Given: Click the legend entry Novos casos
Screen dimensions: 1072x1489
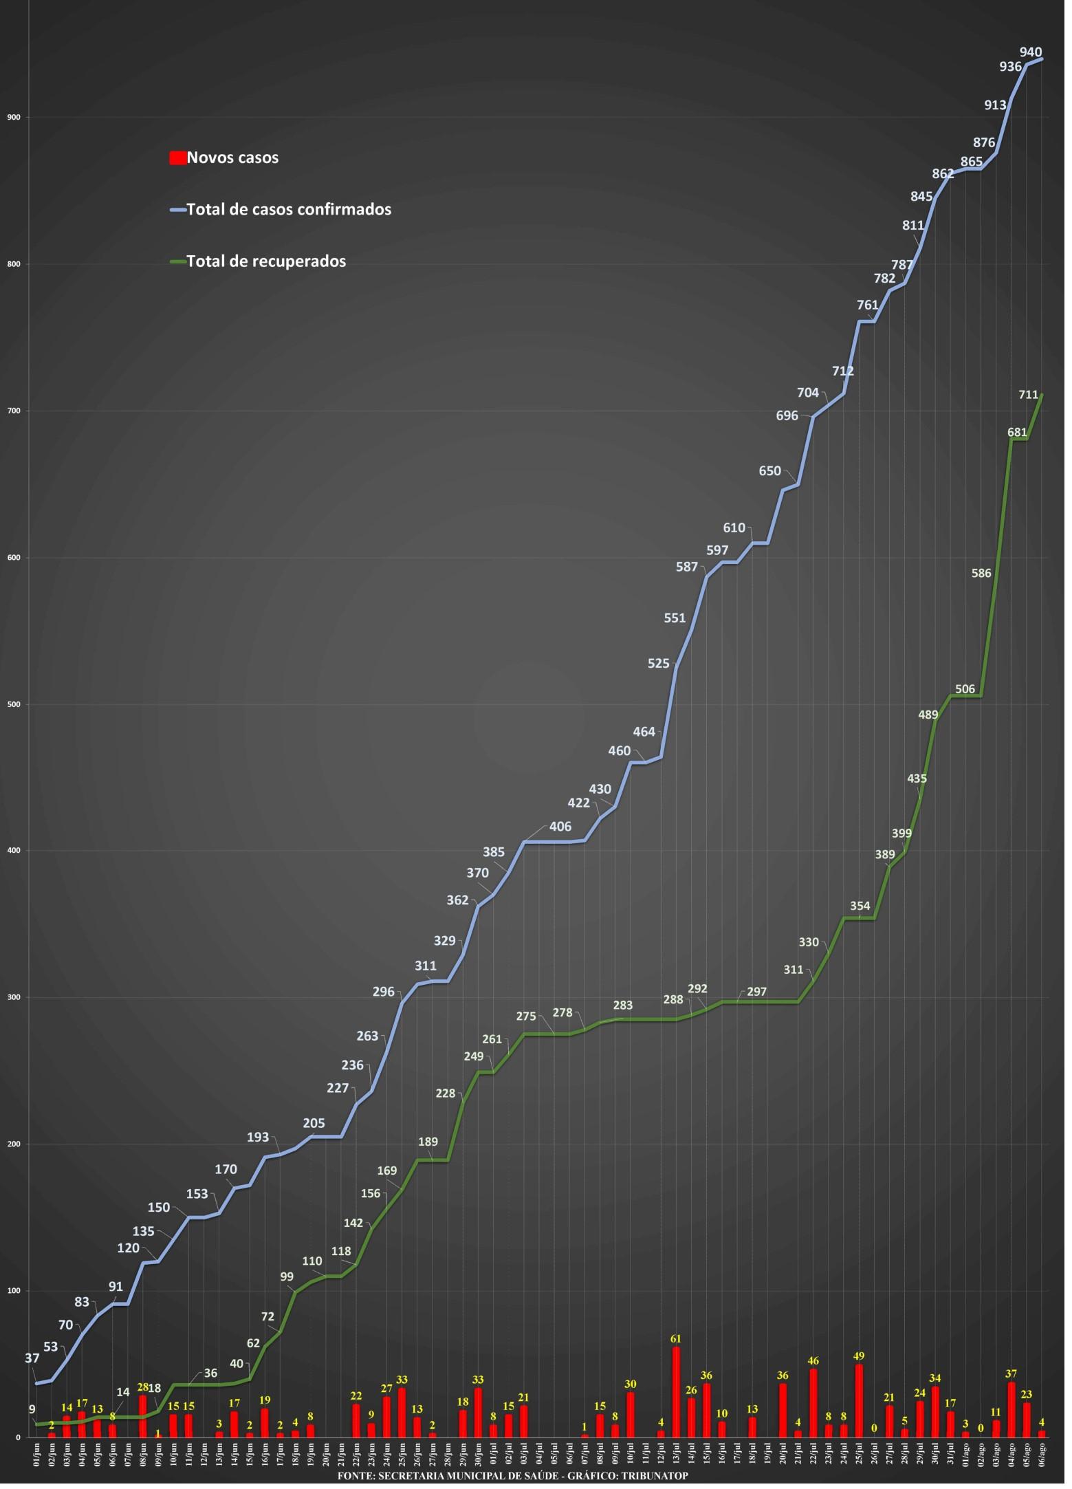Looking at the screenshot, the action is tap(225, 158).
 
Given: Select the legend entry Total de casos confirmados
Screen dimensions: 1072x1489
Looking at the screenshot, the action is tap(281, 210).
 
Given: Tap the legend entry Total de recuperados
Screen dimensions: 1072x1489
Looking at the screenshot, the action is tap(259, 262).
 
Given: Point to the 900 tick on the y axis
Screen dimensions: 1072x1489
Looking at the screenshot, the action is tap(14, 118).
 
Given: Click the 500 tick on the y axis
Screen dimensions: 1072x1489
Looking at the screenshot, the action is tap(14, 709).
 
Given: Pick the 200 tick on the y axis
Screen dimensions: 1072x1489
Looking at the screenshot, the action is tap(14, 1152).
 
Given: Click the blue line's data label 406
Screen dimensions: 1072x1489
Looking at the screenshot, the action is tap(565, 832).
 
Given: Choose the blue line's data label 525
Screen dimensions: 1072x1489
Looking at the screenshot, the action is tap(663, 668).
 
